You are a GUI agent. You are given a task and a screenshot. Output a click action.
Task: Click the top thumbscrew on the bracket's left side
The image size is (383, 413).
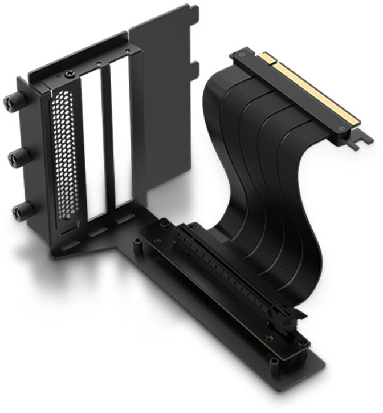pyautogui.click(x=12, y=103)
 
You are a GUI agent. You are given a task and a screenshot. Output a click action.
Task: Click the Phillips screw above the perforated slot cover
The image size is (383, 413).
pyautogui.click(x=70, y=74)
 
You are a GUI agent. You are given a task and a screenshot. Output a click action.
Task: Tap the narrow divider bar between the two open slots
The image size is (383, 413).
pyautogui.click(x=107, y=140)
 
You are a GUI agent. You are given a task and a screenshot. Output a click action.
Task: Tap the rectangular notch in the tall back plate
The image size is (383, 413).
pyautogui.click(x=193, y=68)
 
